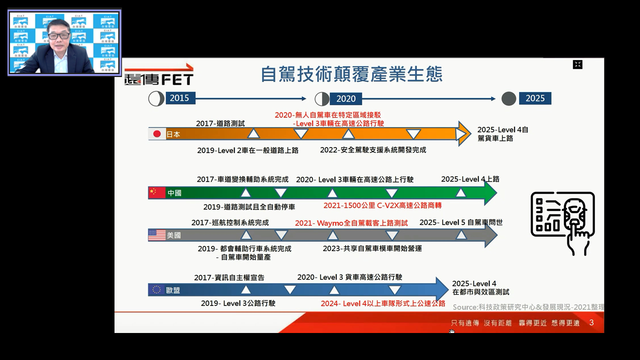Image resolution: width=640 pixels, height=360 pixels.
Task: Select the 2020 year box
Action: (x=345, y=99)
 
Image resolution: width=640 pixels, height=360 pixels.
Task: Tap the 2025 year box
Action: (x=535, y=98)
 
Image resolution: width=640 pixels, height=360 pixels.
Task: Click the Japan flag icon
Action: (x=157, y=134)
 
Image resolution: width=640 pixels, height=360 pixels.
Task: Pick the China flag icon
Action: (x=157, y=193)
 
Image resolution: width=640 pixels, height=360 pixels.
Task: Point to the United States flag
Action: (x=157, y=235)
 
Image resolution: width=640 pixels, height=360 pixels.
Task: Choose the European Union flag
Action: (x=156, y=289)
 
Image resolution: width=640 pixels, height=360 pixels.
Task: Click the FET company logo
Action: (x=159, y=74)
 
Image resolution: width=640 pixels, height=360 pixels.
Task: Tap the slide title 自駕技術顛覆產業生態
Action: (x=351, y=74)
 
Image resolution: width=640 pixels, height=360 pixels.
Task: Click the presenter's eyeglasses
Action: (x=59, y=36)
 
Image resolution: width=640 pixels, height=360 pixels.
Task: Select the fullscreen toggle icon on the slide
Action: (x=577, y=64)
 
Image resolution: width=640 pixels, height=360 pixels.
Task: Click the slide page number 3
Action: (x=591, y=322)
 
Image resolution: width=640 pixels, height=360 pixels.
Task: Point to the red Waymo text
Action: (x=351, y=223)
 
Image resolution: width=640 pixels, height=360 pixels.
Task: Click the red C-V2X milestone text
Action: (x=382, y=205)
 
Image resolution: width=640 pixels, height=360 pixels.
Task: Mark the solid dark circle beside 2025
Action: (x=508, y=98)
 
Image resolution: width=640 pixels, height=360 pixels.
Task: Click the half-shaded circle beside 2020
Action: (x=322, y=99)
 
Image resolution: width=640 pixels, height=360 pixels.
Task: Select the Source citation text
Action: (x=528, y=307)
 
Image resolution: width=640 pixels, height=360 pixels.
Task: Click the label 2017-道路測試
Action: (x=220, y=123)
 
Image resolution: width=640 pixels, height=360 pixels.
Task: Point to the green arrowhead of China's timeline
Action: (x=491, y=193)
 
